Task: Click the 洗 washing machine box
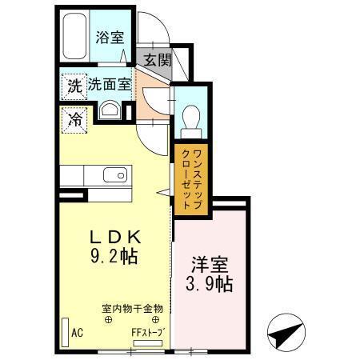pyautogui.click(x=73, y=84)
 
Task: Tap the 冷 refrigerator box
pyautogui.click(x=73, y=120)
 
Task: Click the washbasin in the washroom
pyautogui.click(x=111, y=110)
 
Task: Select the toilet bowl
pyautogui.click(x=190, y=118)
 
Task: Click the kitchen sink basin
pyautogui.click(x=115, y=174)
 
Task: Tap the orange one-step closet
pyautogui.click(x=190, y=178)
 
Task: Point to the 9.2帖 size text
pyautogui.click(x=114, y=258)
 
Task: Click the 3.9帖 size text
pyautogui.click(x=211, y=285)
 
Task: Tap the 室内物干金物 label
pyautogui.click(x=133, y=308)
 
